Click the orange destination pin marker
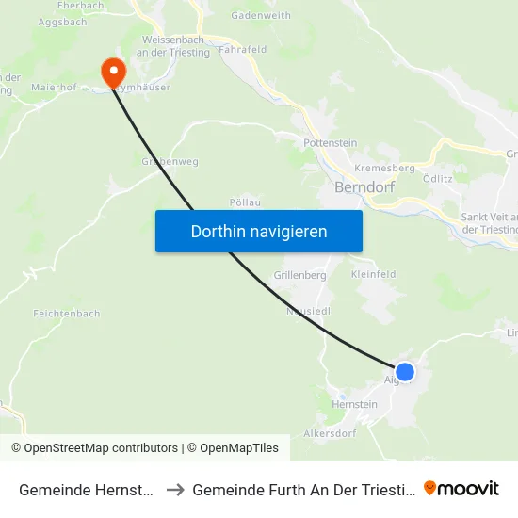[113, 72]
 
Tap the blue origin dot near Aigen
[405, 372]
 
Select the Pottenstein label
[330, 143]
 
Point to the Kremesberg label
[384, 168]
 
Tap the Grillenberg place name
[299, 276]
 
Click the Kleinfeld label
[373, 274]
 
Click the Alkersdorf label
[329, 434]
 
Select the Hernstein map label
[354, 404]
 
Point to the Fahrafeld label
[244, 50]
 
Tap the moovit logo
[461, 489]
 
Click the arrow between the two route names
[175, 490]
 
